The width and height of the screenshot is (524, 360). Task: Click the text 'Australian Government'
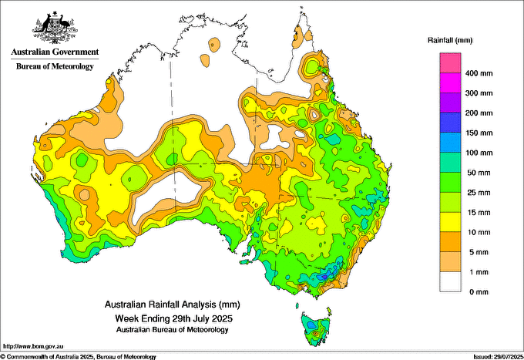(x=54, y=52)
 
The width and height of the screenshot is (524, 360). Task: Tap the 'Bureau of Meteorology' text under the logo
(x=55, y=66)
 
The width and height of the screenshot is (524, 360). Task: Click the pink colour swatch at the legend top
(x=449, y=62)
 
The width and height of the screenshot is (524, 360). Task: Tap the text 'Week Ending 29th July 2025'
(x=173, y=318)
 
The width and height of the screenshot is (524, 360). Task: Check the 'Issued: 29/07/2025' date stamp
(x=493, y=356)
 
